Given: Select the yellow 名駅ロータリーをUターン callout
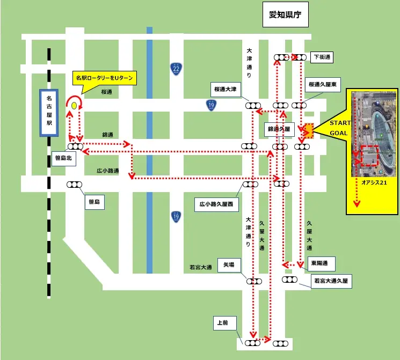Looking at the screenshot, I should tap(104, 78).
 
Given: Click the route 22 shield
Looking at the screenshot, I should tap(176, 68).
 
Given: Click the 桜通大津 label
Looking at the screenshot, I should tap(227, 89).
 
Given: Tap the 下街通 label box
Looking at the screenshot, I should tap(323, 57).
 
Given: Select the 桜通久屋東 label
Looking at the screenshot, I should tap(322, 85).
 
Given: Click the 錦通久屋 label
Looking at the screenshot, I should tap(279, 130).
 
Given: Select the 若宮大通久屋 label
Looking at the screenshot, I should tap(331, 281).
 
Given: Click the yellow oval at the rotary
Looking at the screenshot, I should tap(73, 106).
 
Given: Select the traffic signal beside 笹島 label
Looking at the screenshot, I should tap(74, 185).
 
